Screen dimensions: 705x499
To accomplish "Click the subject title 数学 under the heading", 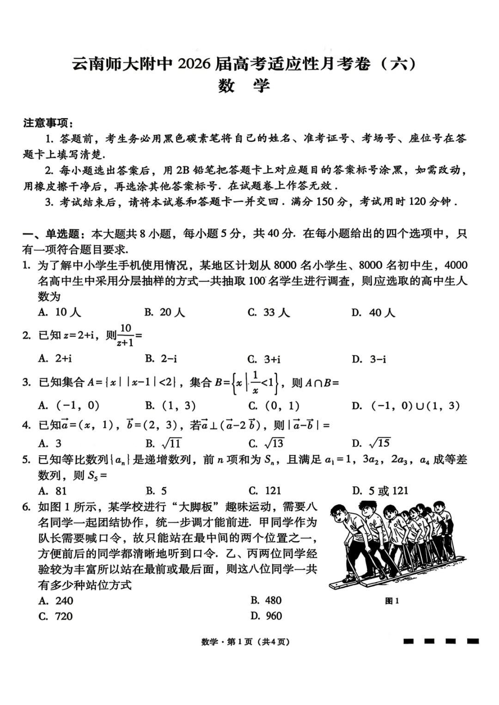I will tap(243, 86).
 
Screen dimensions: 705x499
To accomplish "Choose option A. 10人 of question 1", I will tap(60, 312).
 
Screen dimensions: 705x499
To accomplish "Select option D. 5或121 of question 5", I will tap(380, 490).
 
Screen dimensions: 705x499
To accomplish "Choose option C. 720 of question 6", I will tap(56, 616).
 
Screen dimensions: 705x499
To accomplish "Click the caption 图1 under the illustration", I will tap(392, 601).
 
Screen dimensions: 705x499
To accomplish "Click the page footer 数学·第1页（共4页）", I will tap(245, 642).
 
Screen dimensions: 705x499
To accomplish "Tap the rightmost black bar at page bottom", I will tap(472, 641).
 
